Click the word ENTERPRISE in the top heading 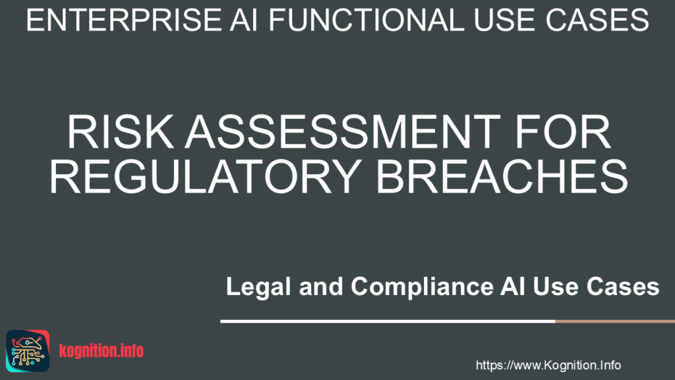pos(124,20)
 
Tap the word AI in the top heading pos(243,20)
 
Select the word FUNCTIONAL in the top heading pos(367,20)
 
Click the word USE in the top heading pos(502,20)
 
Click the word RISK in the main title pos(121,132)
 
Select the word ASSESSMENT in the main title pos(343,132)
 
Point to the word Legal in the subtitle pos(258,287)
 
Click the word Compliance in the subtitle pos(422,287)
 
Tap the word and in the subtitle pos(321,287)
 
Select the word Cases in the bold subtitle pos(623,287)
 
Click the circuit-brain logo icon pos(28,351)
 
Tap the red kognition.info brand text pos(101,351)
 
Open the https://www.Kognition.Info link pos(548,365)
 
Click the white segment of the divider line pos(388,321)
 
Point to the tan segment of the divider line pos(615,321)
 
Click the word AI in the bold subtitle pos(512,287)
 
